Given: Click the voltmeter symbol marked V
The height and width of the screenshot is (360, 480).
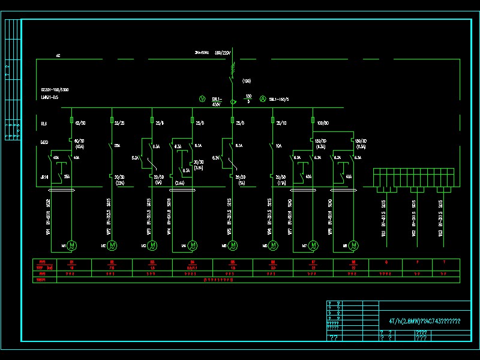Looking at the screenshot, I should point(202,98).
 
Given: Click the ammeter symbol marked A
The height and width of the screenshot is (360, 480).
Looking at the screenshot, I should point(262,98).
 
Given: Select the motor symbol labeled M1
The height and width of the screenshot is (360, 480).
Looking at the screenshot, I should point(72,245).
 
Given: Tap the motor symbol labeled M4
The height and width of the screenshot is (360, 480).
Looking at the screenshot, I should point(193,245).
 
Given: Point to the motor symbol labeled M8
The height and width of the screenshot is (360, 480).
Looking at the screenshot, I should point(354,245).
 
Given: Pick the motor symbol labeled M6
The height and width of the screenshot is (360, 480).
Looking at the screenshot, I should point(274,245).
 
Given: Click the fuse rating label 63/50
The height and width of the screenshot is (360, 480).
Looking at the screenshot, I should point(79,122).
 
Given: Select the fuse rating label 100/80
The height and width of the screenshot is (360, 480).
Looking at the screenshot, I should point(322,122).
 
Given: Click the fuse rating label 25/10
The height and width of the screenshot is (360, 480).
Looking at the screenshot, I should point(280,122).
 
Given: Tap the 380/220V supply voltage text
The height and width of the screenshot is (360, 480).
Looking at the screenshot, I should point(222,53).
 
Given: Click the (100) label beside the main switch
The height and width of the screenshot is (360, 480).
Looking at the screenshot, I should point(246,80).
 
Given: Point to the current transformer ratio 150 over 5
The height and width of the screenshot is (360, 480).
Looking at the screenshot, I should point(248,98).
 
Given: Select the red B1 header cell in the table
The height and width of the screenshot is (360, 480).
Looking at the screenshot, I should point(72,262).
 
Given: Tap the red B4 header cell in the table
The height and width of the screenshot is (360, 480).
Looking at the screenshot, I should point(193,262).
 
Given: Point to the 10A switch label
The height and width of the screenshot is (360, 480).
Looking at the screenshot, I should point(279,145).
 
